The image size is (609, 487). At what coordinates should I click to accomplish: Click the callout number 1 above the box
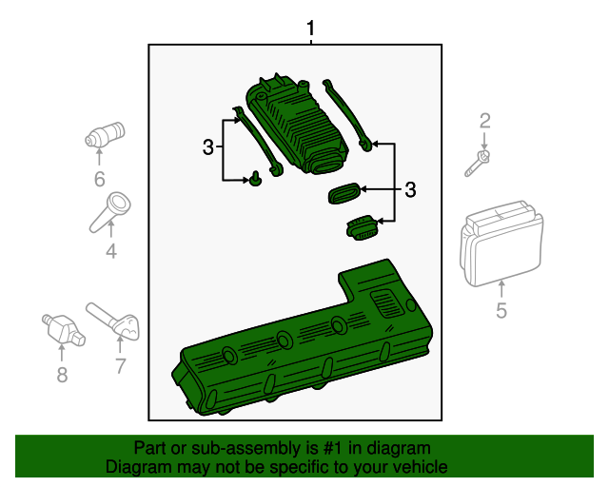click(309, 29)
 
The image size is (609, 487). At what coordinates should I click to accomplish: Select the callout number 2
click(484, 121)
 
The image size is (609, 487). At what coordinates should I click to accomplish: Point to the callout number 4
click(111, 251)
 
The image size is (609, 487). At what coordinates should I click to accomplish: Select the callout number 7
click(120, 365)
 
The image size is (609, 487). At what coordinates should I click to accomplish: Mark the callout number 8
click(62, 375)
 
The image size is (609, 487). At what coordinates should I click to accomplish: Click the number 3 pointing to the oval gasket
click(410, 190)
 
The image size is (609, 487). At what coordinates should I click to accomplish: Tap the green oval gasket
click(344, 193)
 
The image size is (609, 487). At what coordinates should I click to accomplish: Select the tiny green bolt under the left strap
click(256, 178)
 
